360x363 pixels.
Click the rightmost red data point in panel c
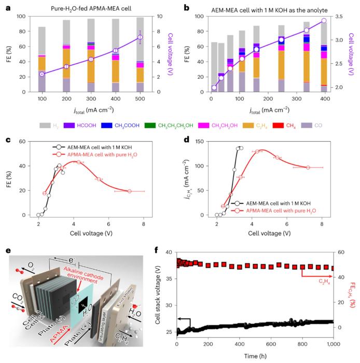(x=130, y=191)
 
